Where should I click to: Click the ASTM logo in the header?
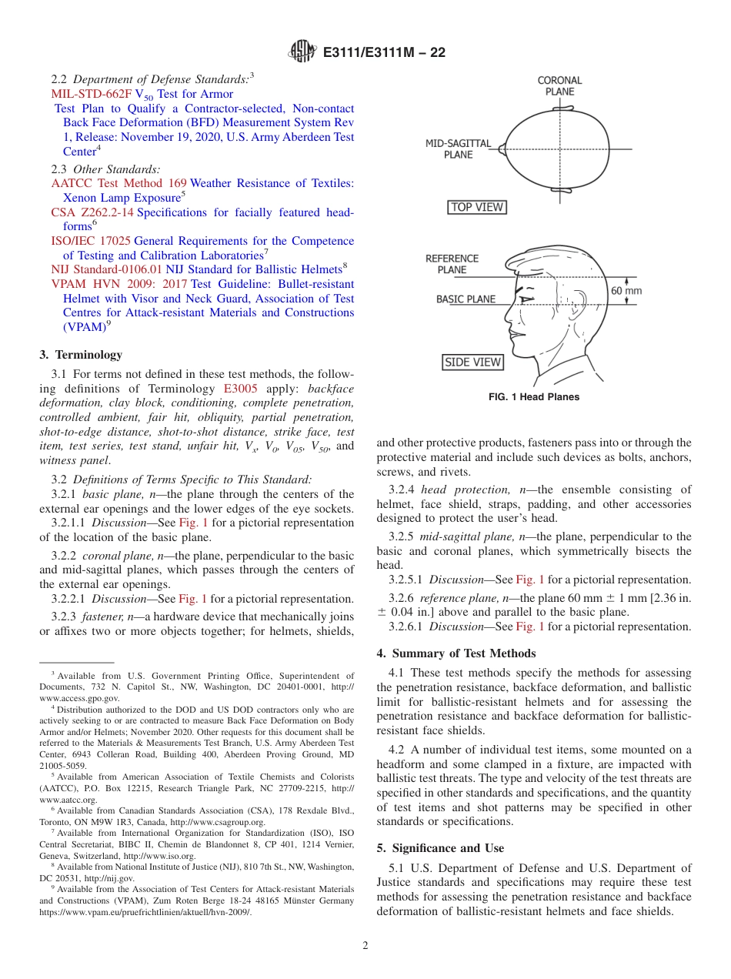pyautogui.click(x=302, y=52)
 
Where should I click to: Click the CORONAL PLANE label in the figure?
pyautogui.click(x=559, y=85)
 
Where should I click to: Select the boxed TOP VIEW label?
pyautogui.click(x=477, y=207)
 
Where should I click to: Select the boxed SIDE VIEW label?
pyautogui.click(x=472, y=362)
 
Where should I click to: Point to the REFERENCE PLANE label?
pyautogui.click(x=452, y=264)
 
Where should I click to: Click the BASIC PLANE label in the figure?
pyautogui.click(x=466, y=299)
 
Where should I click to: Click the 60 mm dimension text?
pyautogui.click(x=626, y=291)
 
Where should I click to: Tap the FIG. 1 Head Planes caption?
pyautogui.click(x=533, y=397)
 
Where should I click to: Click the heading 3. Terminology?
pyautogui.click(x=81, y=355)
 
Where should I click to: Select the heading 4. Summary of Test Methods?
pyautogui.click(x=456, y=653)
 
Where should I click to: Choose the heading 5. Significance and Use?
pyautogui.click(x=440, y=848)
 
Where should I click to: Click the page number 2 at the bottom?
pyautogui.click(x=365, y=946)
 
